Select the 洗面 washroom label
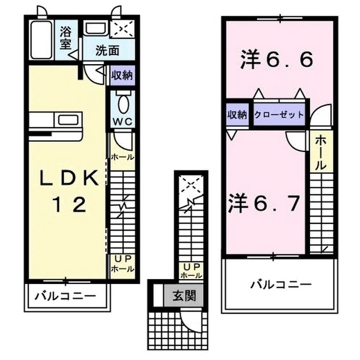click(x=107, y=50)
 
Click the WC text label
click(x=122, y=122)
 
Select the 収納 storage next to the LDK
click(x=121, y=75)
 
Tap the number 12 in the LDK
click(x=70, y=204)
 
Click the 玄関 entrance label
click(x=183, y=295)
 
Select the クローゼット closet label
click(x=280, y=114)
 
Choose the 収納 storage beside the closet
click(x=237, y=114)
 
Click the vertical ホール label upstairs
click(x=318, y=152)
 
